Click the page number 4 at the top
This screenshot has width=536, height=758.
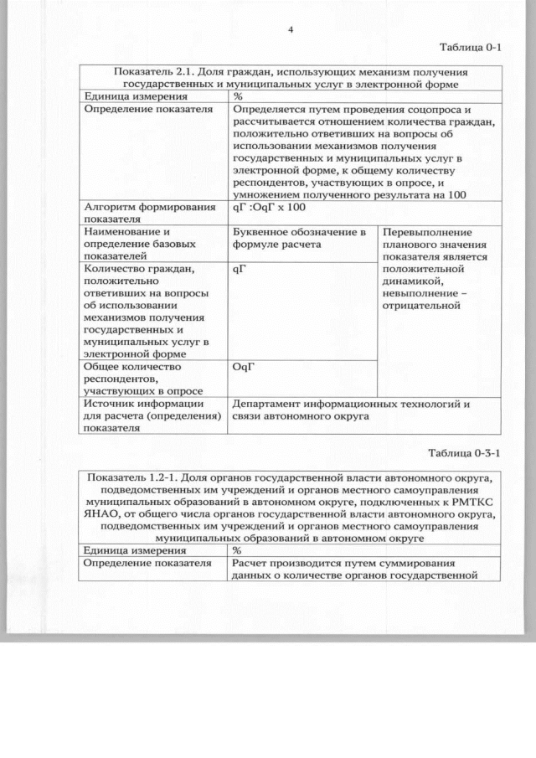[290, 30]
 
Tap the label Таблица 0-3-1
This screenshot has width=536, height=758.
[464, 453]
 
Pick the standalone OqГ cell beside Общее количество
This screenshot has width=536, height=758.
[243, 366]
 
